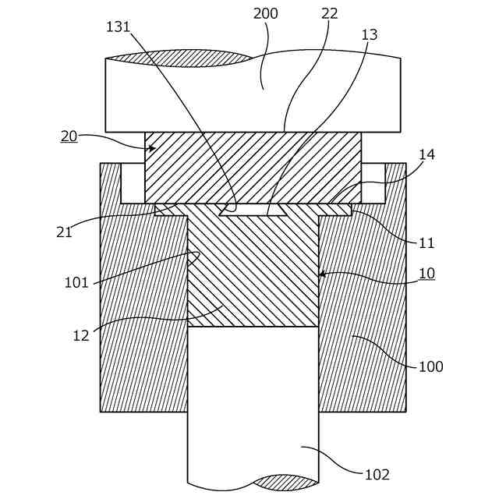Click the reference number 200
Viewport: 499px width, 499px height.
[x=266, y=14]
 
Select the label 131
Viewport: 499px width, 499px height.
[x=119, y=27]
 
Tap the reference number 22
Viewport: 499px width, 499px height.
[x=328, y=14]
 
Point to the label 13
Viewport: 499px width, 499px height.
[x=369, y=35]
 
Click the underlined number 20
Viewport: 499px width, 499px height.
[x=69, y=136]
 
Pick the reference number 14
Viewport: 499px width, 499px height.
[x=426, y=154]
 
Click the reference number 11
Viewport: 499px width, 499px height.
[x=426, y=242]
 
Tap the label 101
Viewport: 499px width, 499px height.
[x=76, y=282]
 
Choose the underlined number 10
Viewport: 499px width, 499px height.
[x=426, y=274]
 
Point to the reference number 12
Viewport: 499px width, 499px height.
[x=81, y=335]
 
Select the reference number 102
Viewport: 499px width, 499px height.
[x=377, y=474]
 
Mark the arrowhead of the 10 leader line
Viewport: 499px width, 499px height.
[x=321, y=274]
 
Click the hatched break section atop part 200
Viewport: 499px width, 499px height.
[x=179, y=58]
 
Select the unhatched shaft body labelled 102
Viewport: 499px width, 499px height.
[x=253, y=405]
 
